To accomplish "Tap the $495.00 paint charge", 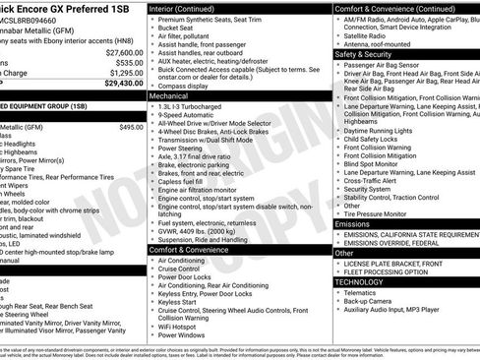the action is [x=131, y=127].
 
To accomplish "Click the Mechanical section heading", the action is [x=169, y=97].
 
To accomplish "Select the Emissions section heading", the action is [x=353, y=224].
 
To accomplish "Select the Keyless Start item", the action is [x=182, y=302].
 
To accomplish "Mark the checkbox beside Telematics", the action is [x=338, y=292].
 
